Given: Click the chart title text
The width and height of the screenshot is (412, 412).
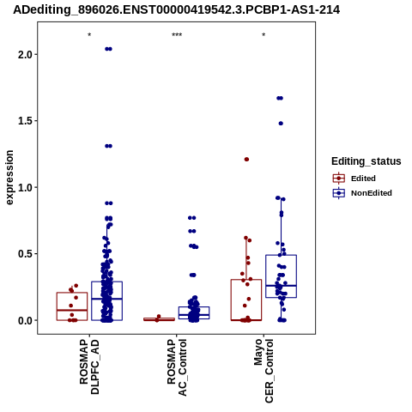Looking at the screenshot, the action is click(x=177, y=9).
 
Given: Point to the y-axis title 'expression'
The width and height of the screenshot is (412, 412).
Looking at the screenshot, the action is click(x=9, y=178).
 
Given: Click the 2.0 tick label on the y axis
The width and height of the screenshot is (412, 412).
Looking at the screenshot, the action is click(x=25, y=54).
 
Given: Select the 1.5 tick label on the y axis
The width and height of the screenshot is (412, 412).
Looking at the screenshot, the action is click(x=25, y=121).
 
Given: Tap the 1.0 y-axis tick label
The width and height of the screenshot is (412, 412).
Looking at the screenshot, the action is click(x=25, y=187).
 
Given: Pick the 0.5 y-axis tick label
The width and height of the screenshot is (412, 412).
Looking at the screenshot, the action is click(x=25, y=254).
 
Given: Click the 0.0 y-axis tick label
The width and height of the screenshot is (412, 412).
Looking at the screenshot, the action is click(x=25, y=320).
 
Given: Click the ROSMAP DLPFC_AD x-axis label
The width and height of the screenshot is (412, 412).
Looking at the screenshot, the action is click(x=89, y=367).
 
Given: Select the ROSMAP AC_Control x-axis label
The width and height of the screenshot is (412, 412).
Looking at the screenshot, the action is click(x=177, y=367).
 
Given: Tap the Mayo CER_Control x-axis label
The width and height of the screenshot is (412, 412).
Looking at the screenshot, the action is click(x=264, y=371).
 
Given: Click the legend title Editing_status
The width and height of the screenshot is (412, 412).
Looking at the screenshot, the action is click(x=367, y=161).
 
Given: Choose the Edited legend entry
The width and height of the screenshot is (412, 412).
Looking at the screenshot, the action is click(x=354, y=179).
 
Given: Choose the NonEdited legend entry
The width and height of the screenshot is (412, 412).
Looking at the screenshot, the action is click(x=362, y=193).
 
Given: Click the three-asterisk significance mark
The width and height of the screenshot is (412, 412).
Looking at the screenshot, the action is click(x=177, y=35).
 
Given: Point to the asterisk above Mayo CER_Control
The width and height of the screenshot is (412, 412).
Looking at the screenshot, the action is click(x=264, y=35).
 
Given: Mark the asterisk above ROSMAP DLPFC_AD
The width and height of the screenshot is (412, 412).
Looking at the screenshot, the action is click(x=89, y=35).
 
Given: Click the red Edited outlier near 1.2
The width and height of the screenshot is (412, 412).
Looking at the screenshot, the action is click(x=246, y=160).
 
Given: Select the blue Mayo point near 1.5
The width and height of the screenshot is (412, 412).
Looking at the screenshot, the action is click(x=281, y=124).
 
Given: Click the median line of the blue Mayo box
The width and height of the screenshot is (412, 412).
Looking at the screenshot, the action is click(x=281, y=286).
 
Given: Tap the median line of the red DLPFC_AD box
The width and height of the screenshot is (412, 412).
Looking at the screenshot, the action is click(x=72, y=310).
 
